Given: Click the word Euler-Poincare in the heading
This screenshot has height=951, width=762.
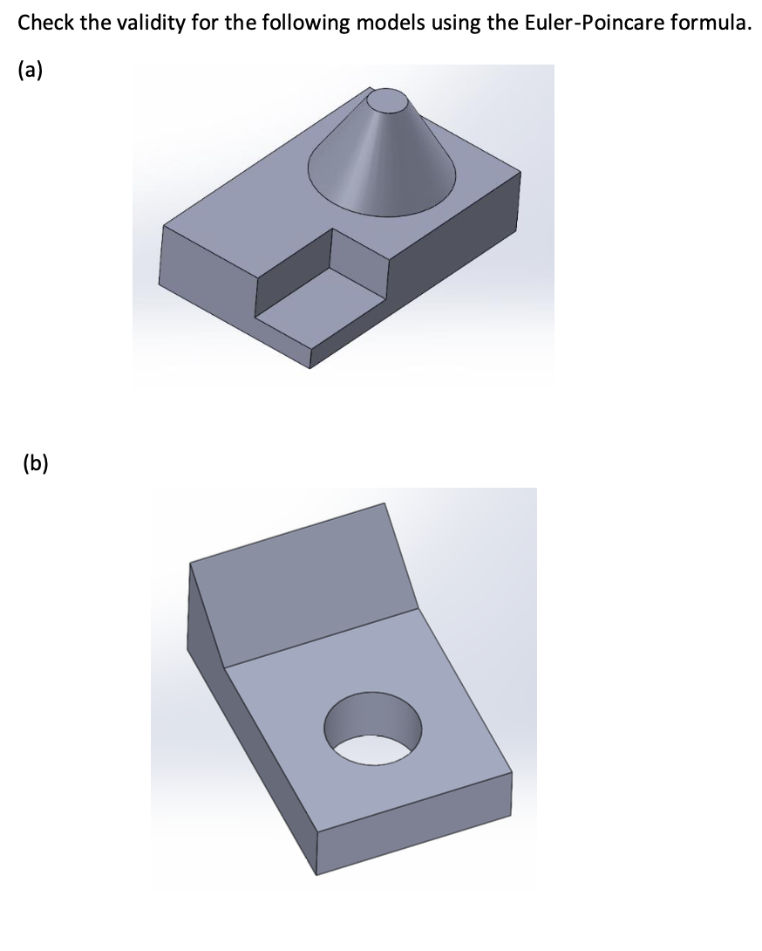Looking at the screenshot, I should tap(589, 24).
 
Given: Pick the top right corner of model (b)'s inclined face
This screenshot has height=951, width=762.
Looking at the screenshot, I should tap(384, 503).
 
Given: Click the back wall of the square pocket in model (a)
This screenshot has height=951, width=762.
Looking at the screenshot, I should tap(357, 260).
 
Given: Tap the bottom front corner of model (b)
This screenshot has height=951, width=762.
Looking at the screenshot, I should tap(316, 874).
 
